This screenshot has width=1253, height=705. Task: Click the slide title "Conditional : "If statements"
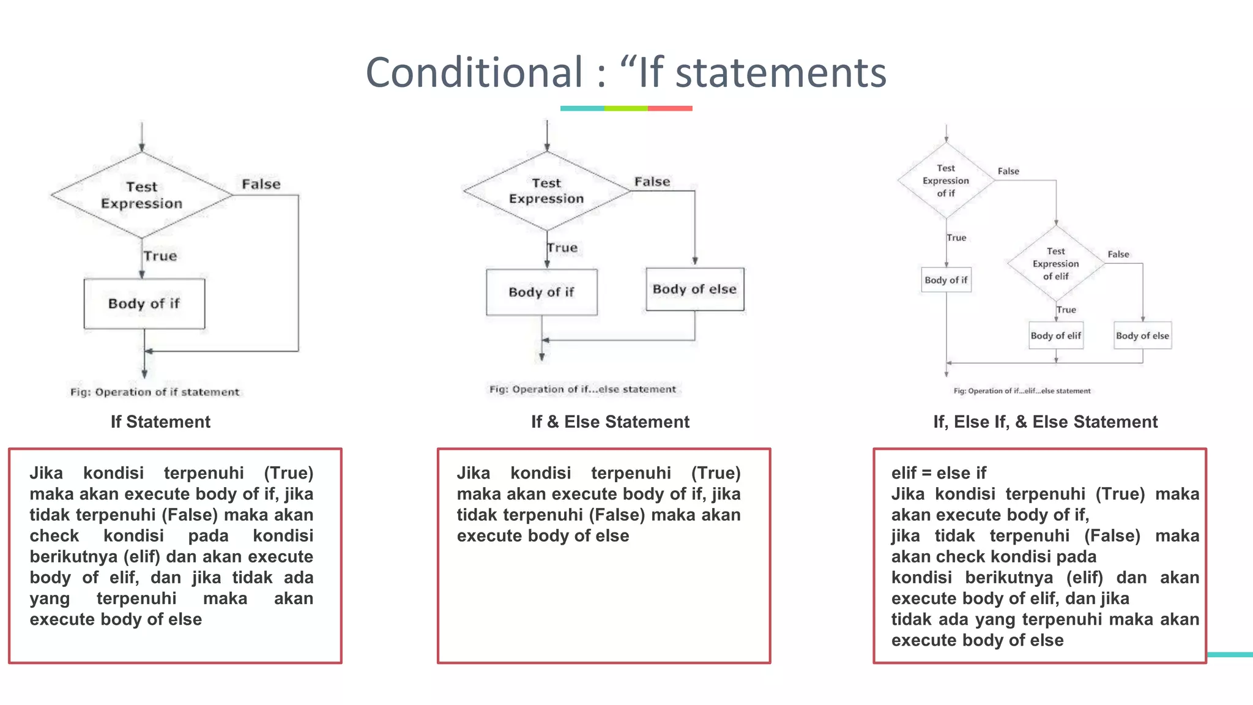tap(625, 72)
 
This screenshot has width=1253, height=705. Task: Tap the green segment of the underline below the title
tap(625, 108)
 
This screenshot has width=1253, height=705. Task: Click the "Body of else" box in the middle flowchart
tap(694, 289)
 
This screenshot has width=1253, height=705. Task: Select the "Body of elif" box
tap(1055, 335)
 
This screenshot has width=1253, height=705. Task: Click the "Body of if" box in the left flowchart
tap(144, 304)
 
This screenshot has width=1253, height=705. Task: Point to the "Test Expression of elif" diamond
tap(1055, 264)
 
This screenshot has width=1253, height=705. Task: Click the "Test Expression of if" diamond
tap(946, 181)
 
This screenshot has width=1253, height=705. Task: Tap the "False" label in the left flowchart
tap(261, 184)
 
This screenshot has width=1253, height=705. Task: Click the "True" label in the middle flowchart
tap(563, 248)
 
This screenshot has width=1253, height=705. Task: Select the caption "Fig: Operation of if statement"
tap(155, 392)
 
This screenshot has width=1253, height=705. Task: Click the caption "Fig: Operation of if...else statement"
tap(582, 389)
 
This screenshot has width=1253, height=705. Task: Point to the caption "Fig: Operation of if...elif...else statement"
tap(1022, 391)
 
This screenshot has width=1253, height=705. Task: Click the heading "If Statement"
tap(160, 422)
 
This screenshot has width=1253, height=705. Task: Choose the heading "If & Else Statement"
tap(610, 422)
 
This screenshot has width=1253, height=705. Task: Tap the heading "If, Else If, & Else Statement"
tap(1045, 422)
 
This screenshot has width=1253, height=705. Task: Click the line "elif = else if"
tap(939, 473)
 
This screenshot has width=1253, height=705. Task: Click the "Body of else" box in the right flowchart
tap(1142, 335)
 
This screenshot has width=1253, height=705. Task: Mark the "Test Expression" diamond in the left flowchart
tap(142, 195)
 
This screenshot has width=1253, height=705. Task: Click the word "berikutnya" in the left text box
tap(73, 557)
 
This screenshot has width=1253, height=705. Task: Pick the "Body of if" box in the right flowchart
tap(946, 280)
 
